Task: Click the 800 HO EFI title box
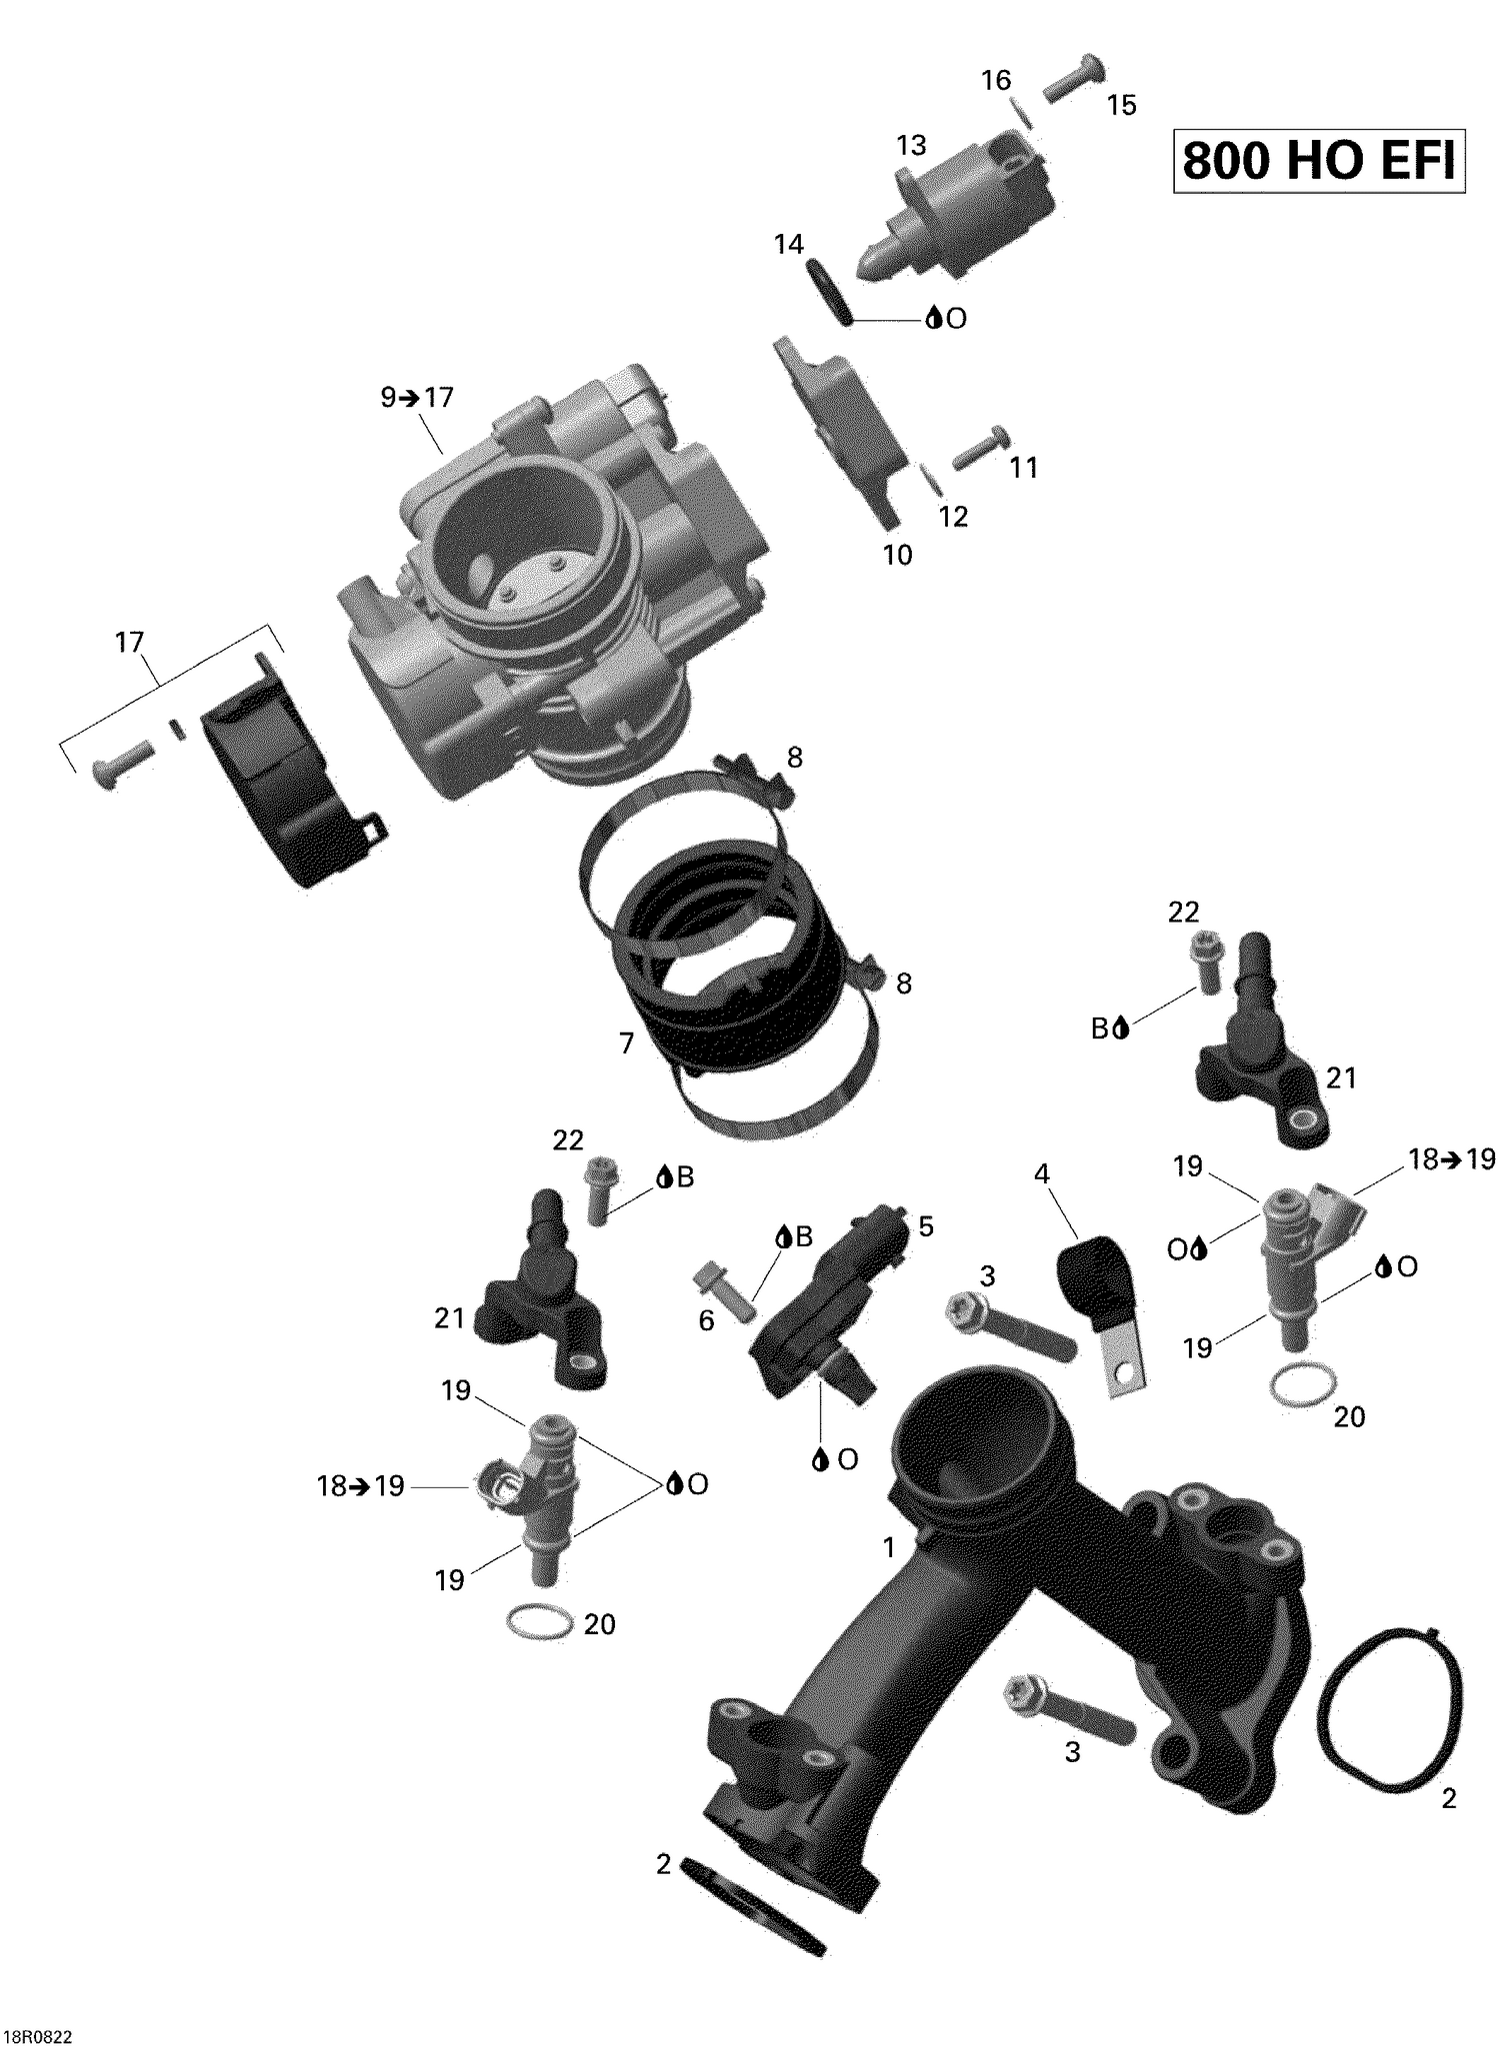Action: [1318, 160]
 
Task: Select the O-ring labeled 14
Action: [829, 291]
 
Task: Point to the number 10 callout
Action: [897, 555]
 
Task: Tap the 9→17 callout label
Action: [417, 398]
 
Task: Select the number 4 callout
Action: [1042, 1174]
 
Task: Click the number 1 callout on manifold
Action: [889, 1547]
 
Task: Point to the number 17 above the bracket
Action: [130, 642]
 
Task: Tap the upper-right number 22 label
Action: [1183, 912]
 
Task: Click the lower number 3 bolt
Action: [1068, 1706]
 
